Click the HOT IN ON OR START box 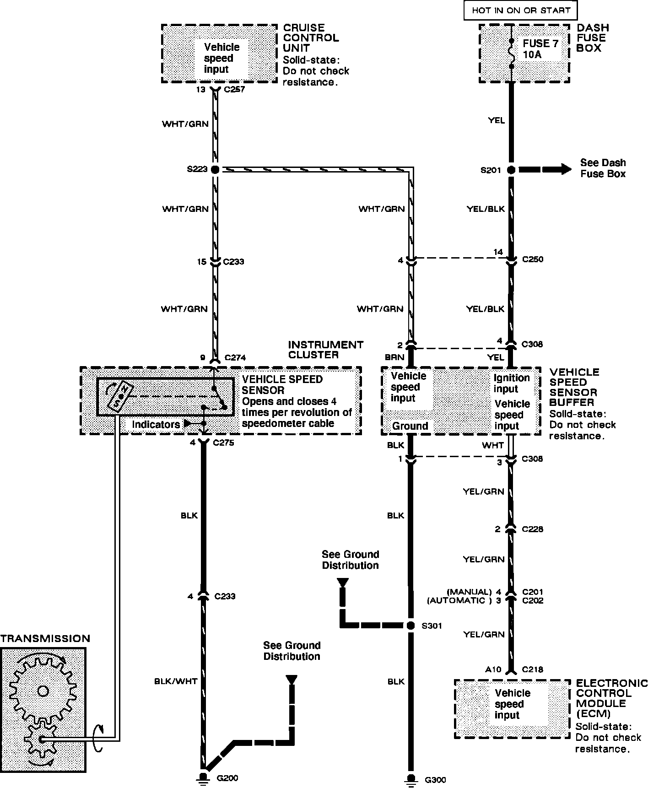pyautogui.click(x=520, y=11)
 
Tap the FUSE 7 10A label pyautogui.click(x=540, y=49)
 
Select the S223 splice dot pyautogui.click(x=215, y=169)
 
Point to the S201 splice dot pyautogui.click(x=511, y=170)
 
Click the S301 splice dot pyautogui.click(x=411, y=625)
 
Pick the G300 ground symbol pyautogui.click(x=411, y=778)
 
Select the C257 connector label pyautogui.click(x=234, y=89)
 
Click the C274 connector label pyautogui.click(x=235, y=358)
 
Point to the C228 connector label pyautogui.click(x=532, y=529)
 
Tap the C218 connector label pyautogui.click(x=532, y=669)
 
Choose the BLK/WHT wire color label pyautogui.click(x=176, y=681)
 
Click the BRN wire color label pyautogui.click(x=394, y=357)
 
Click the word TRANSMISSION pyautogui.click(x=45, y=638)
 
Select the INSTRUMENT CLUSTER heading pyautogui.click(x=325, y=350)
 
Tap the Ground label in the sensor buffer pyautogui.click(x=410, y=426)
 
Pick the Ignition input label pyautogui.click(x=512, y=383)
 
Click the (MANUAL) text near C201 pyautogui.click(x=469, y=592)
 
